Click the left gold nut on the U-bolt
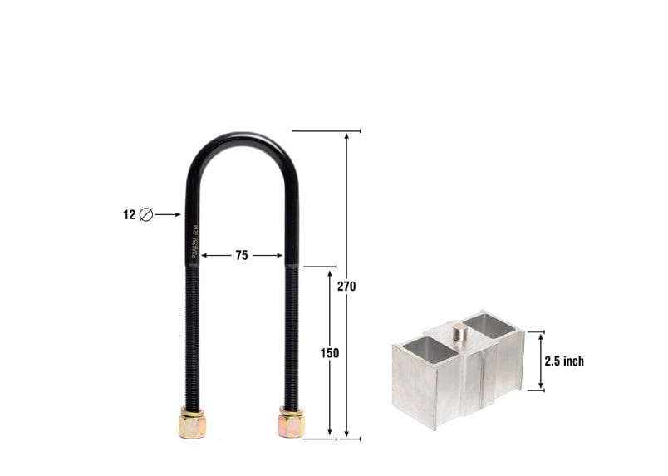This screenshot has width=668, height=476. pyautogui.click(x=191, y=424)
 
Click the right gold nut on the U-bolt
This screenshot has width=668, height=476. pyautogui.click(x=291, y=423)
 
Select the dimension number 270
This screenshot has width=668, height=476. pyautogui.click(x=346, y=286)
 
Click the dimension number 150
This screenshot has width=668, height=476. pyautogui.click(x=330, y=353)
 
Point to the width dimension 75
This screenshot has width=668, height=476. pyautogui.click(x=241, y=256)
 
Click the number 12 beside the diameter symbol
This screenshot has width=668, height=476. pyautogui.click(x=129, y=214)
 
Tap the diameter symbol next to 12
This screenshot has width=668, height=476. pyautogui.click(x=146, y=214)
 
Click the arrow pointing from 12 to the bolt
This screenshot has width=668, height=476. pyautogui.click(x=168, y=214)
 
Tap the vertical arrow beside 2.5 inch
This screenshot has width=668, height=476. pyautogui.click(x=542, y=361)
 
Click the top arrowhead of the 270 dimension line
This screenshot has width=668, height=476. pyautogui.click(x=346, y=135)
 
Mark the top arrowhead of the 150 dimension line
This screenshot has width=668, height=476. pyautogui.click(x=330, y=272)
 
